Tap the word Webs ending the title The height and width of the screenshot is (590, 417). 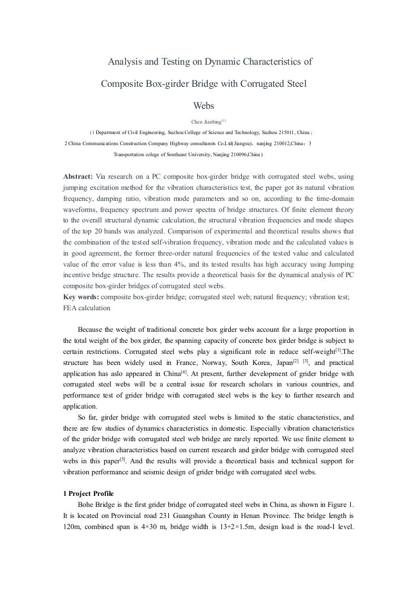[x=204, y=105]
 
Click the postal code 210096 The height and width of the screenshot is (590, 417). [x=236, y=155]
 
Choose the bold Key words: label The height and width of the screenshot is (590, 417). [x=80, y=297]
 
